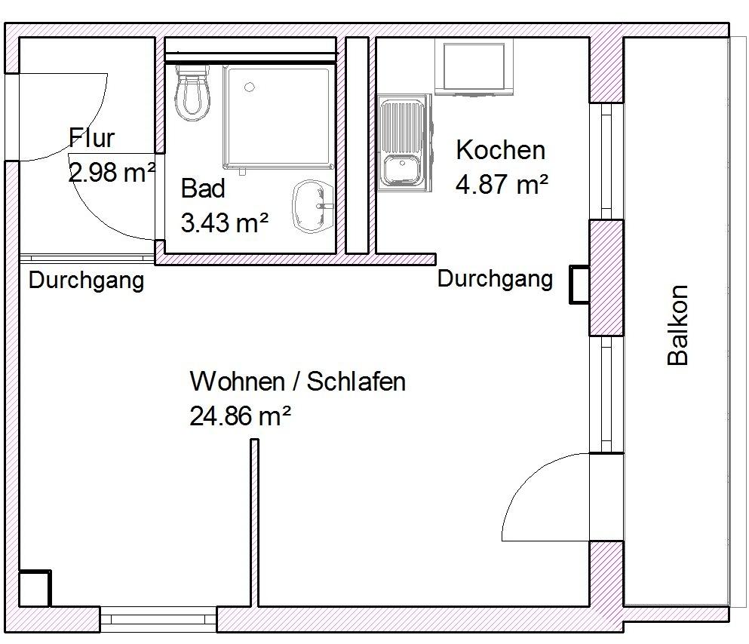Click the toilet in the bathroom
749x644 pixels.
click(192, 93)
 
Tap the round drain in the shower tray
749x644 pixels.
click(250, 87)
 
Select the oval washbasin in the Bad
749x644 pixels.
click(313, 206)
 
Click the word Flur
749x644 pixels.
click(91, 138)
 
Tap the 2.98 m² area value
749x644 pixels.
click(112, 173)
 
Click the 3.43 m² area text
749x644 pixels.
click(225, 222)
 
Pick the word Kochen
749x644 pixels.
click(501, 150)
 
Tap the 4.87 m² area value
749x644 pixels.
click(502, 184)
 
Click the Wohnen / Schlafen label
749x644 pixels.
click(298, 382)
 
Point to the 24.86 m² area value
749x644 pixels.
click(241, 416)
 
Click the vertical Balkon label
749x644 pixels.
click(677, 325)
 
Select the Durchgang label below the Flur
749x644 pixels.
click(86, 281)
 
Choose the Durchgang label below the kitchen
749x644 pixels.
click(495, 279)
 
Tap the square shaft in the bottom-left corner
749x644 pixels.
click(35, 587)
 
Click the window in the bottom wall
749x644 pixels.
click(158, 619)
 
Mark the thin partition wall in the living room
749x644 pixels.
click(255, 523)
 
